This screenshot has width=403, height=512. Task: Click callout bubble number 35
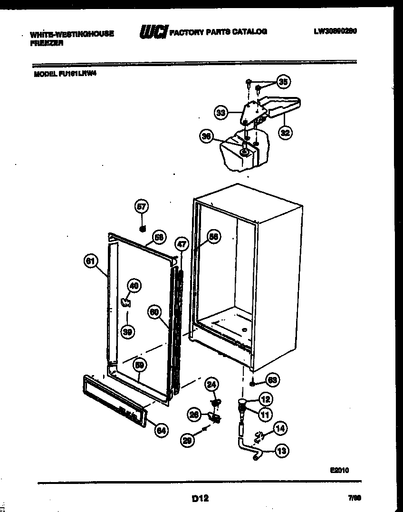coord(283,82)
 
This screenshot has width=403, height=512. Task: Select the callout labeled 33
coord(221,113)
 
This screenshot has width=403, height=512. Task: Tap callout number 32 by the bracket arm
coord(285,133)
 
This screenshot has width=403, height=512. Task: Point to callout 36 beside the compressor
coord(206,136)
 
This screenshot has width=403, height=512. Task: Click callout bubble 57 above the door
coord(142,206)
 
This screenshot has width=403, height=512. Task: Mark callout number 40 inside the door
coord(134,286)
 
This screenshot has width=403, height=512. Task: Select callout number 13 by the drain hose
coord(282,451)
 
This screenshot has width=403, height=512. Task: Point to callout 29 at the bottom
coord(187,441)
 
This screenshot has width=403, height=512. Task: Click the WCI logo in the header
coord(153,32)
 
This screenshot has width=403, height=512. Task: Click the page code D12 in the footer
coord(200,498)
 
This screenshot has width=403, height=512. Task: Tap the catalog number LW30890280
coord(335,31)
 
